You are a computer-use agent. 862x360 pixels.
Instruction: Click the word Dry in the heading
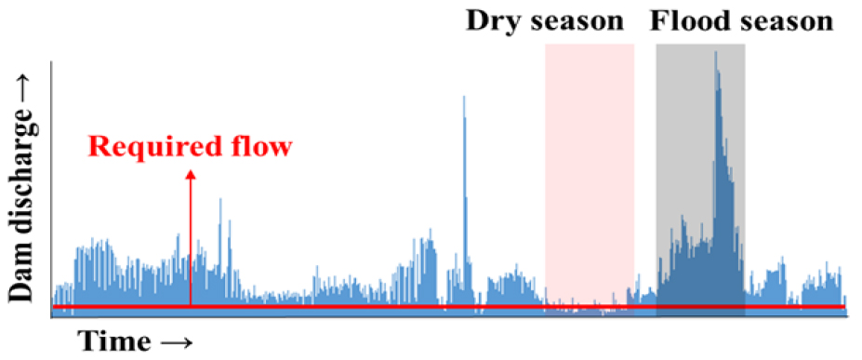490,22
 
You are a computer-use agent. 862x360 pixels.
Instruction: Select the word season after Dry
572,23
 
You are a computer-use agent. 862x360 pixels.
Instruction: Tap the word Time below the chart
113,341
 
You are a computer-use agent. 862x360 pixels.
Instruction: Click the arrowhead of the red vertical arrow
191,175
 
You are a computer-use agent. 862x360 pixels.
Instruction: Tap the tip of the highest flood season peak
715,52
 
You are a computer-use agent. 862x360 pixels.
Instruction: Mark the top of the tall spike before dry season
464,98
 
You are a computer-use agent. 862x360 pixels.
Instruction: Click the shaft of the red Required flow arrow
191,243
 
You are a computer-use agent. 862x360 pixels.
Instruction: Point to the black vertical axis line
51,189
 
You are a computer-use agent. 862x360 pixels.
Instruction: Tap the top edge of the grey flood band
700,45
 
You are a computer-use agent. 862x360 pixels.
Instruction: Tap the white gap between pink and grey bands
645,165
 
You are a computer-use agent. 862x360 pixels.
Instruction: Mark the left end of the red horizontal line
53,306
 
